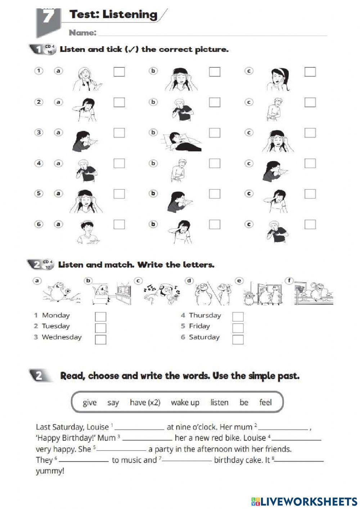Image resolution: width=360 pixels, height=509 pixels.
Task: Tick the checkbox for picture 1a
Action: (x=119, y=72)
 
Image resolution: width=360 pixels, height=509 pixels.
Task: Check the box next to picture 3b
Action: (x=215, y=133)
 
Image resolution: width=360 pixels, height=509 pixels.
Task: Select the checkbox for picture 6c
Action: (x=310, y=224)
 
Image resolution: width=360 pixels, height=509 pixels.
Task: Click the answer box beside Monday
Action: (x=100, y=317)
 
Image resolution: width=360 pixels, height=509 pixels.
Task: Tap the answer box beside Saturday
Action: (x=238, y=339)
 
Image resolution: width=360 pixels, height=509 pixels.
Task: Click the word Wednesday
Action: (x=62, y=337)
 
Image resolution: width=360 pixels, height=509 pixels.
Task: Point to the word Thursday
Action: (x=205, y=315)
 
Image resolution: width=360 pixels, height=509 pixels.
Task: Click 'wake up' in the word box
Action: (x=185, y=402)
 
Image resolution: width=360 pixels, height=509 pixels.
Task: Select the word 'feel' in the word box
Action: (x=265, y=402)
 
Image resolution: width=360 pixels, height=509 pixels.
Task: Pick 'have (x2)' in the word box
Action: (x=145, y=402)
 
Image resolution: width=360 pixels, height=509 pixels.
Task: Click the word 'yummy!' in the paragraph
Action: (x=50, y=471)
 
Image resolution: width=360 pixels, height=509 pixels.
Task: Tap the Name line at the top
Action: (x=212, y=34)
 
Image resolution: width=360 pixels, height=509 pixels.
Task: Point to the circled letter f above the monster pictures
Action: (x=288, y=280)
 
